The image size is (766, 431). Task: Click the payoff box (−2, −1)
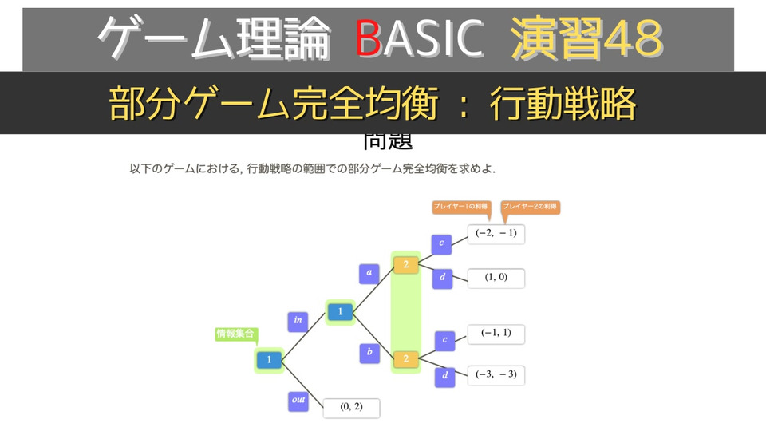(x=496, y=234)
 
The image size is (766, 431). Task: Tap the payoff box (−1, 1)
(x=496, y=334)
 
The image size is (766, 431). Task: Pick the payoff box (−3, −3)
(x=496, y=374)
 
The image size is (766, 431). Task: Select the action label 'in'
(x=298, y=321)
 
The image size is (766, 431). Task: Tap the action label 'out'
(x=298, y=401)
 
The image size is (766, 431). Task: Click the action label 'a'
(x=369, y=273)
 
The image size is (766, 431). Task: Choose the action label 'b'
(x=369, y=353)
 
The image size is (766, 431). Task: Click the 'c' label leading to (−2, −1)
(x=441, y=243)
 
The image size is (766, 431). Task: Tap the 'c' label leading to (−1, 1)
(x=445, y=341)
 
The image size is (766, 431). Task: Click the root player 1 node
(x=269, y=360)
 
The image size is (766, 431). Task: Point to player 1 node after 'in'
(x=340, y=312)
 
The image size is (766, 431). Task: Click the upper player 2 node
(x=405, y=264)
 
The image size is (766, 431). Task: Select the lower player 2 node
(x=405, y=359)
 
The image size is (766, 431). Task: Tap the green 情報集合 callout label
(x=236, y=334)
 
